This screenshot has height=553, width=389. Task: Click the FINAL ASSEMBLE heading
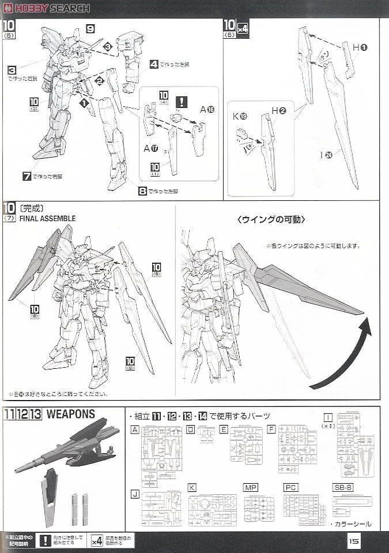(x=47, y=219)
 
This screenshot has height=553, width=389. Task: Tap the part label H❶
(x=360, y=47)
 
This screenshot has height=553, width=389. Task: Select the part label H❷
(x=279, y=110)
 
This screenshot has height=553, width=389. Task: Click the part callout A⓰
(x=207, y=110)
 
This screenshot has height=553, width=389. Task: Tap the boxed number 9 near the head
(x=90, y=28)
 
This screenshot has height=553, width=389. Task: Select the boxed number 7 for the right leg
(x=27, y=176)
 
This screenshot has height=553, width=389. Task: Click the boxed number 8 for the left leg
(x=142, y=190)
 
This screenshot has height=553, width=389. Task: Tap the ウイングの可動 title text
(x=271, y=219)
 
